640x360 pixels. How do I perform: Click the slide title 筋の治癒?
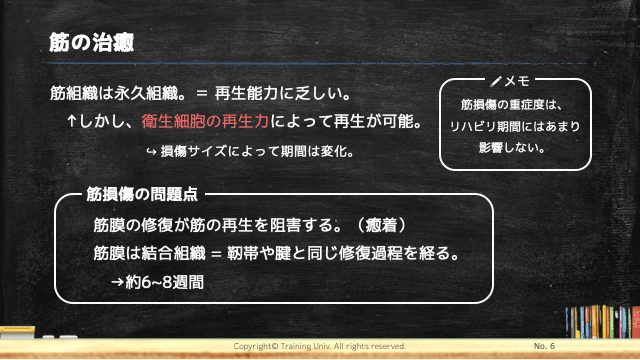pos(91,44)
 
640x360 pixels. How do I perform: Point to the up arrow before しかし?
pos(72,123)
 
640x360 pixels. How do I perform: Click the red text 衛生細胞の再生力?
pos(206,123)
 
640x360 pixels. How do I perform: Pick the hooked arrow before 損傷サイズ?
pos(150,152)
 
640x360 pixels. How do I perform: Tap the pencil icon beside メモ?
pos(496,80)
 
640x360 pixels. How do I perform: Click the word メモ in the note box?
pos(516,80)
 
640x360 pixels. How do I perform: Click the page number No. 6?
pos(547,345)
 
